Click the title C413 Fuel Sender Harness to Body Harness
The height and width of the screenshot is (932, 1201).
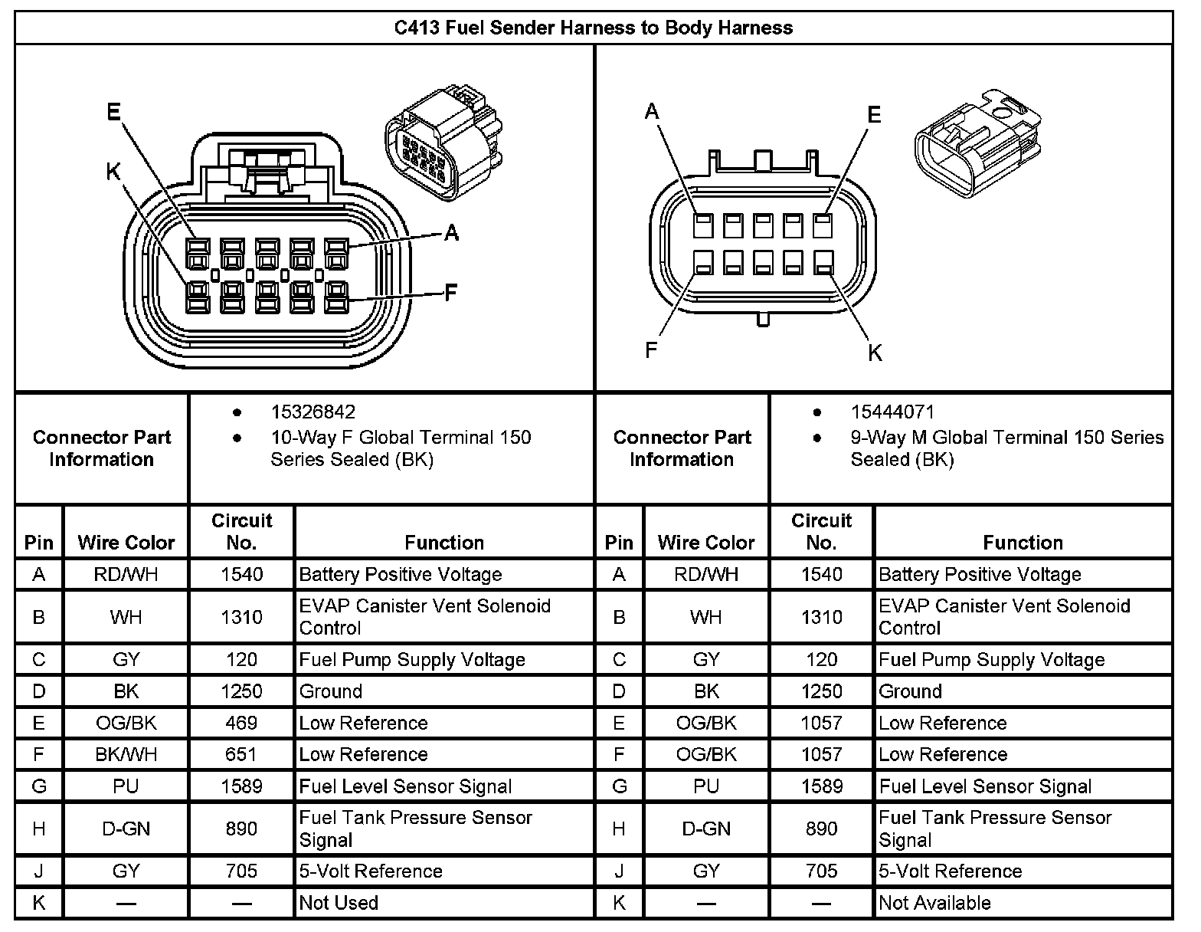click(x=594, y=28)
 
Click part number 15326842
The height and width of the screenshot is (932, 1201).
click(x=313, y=412)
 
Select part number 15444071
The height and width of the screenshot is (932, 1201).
click(x=892, y=412)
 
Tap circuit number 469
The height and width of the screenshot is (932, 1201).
click(x=241, y=723)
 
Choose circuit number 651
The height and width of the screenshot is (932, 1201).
click(x=241, y=754)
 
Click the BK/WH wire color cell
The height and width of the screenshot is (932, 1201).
click(x=126, y=754)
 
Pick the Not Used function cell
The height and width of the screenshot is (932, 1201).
click(x=339, y=903)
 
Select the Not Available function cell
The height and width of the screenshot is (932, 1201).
click(x=934, y=903)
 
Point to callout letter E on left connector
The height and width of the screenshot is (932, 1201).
click(x=113, y=113)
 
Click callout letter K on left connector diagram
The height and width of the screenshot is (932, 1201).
click(x=113, y=172)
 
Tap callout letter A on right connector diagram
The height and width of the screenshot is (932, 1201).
click(x=652, y=112)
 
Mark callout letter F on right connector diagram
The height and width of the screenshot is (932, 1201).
click(x=651, y=350)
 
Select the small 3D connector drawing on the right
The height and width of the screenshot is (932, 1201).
click(x=978, y=142)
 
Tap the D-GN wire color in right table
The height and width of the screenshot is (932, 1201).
click(x=706, y=829)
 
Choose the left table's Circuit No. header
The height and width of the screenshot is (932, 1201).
click(x=241, y=531)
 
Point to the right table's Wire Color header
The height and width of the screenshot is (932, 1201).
click(x=706, y=543)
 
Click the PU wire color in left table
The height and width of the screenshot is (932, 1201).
click(x=126, y=786)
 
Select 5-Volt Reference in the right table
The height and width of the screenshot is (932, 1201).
click(x=950, y=871)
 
